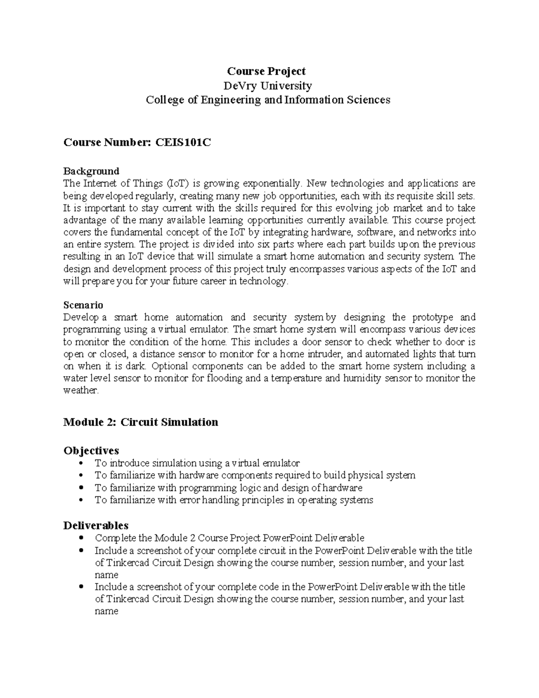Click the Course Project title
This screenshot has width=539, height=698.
coord(266,71)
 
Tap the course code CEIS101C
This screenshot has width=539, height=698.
coord(183,142)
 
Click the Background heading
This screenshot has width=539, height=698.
coord(91,171)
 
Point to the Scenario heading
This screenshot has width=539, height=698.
coord(83,305)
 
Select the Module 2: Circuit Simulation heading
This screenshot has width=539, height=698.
coord(141,422)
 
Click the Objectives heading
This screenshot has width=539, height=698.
coord(91,450)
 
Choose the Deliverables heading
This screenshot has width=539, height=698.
coord(96,525)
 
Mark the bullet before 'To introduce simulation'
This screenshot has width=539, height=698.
coord(81,463)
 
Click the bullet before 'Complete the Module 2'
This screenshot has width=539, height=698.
coord(81,538)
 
